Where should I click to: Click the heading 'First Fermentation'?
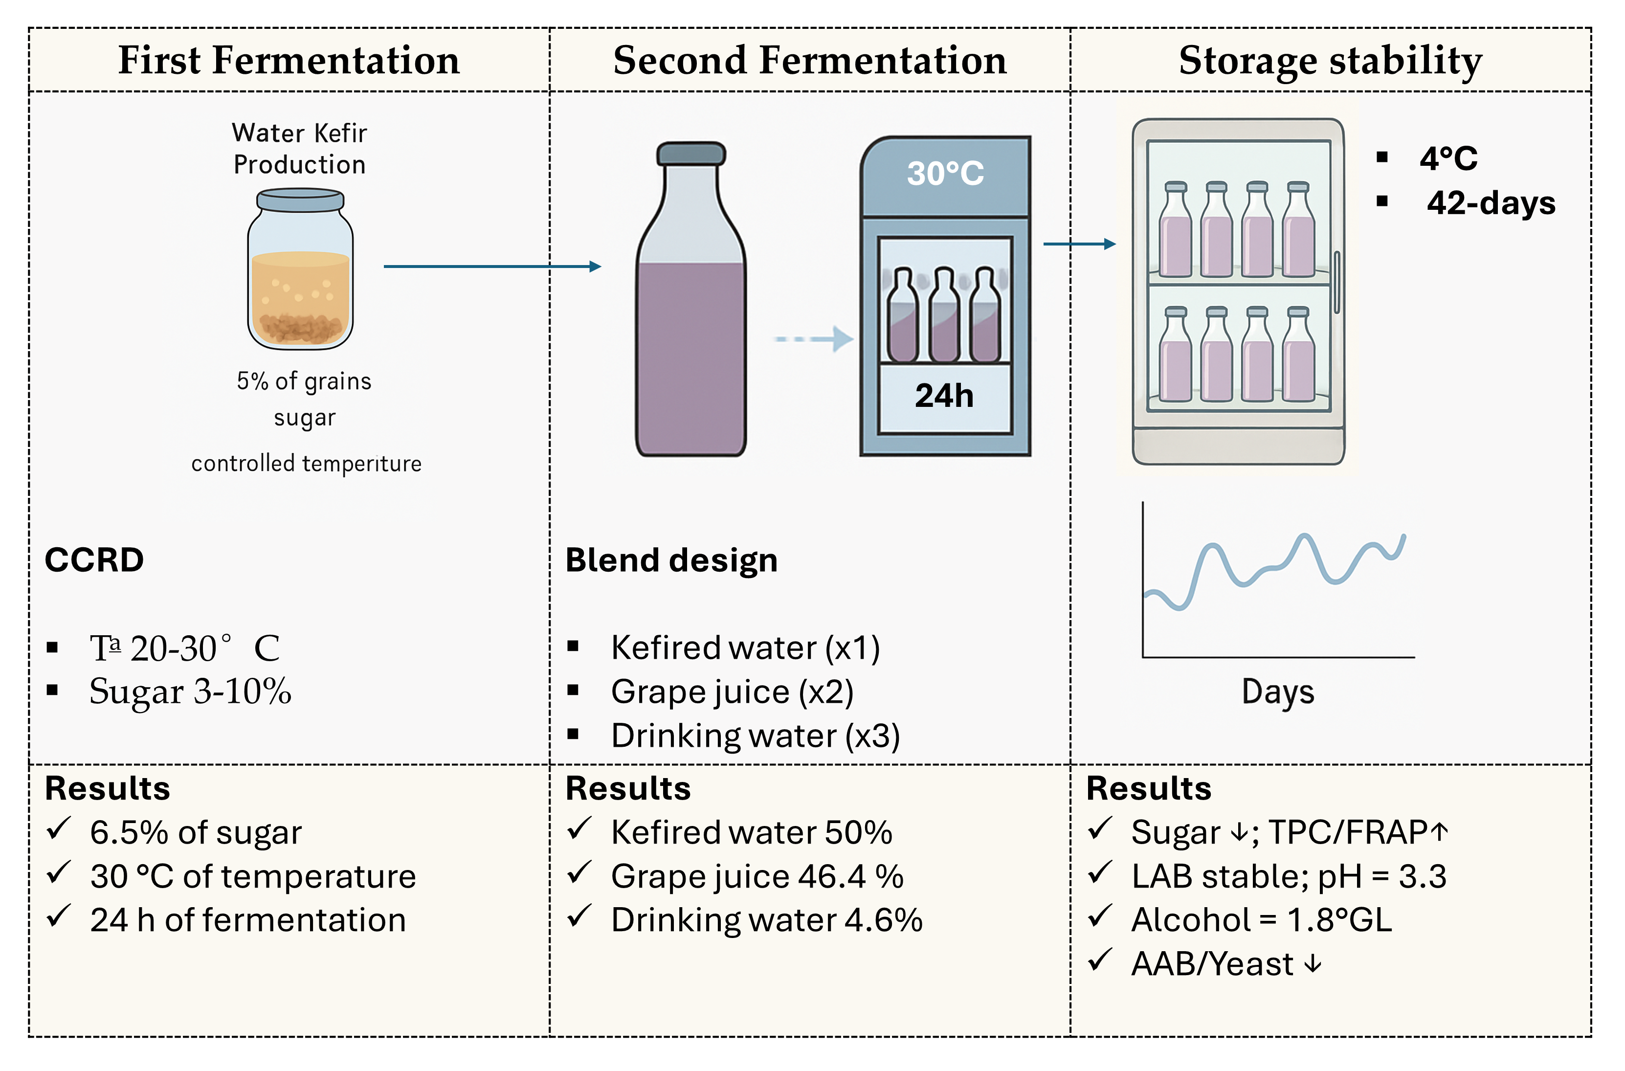click(289, 60)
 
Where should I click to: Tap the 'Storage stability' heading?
click(1330, 60)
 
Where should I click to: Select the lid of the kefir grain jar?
click(300, 200)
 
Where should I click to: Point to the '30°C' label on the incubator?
click(945, 174)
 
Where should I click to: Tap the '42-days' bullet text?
click(1491, 203)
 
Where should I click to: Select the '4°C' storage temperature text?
click(1448, 158)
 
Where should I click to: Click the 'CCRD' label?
click(94, 560)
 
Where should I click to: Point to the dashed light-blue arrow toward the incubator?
click(813, 339)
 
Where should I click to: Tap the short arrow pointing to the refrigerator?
click(1079, 244)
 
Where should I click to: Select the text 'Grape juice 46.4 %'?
click(757, 876)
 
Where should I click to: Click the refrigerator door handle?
click(1337, 281)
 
